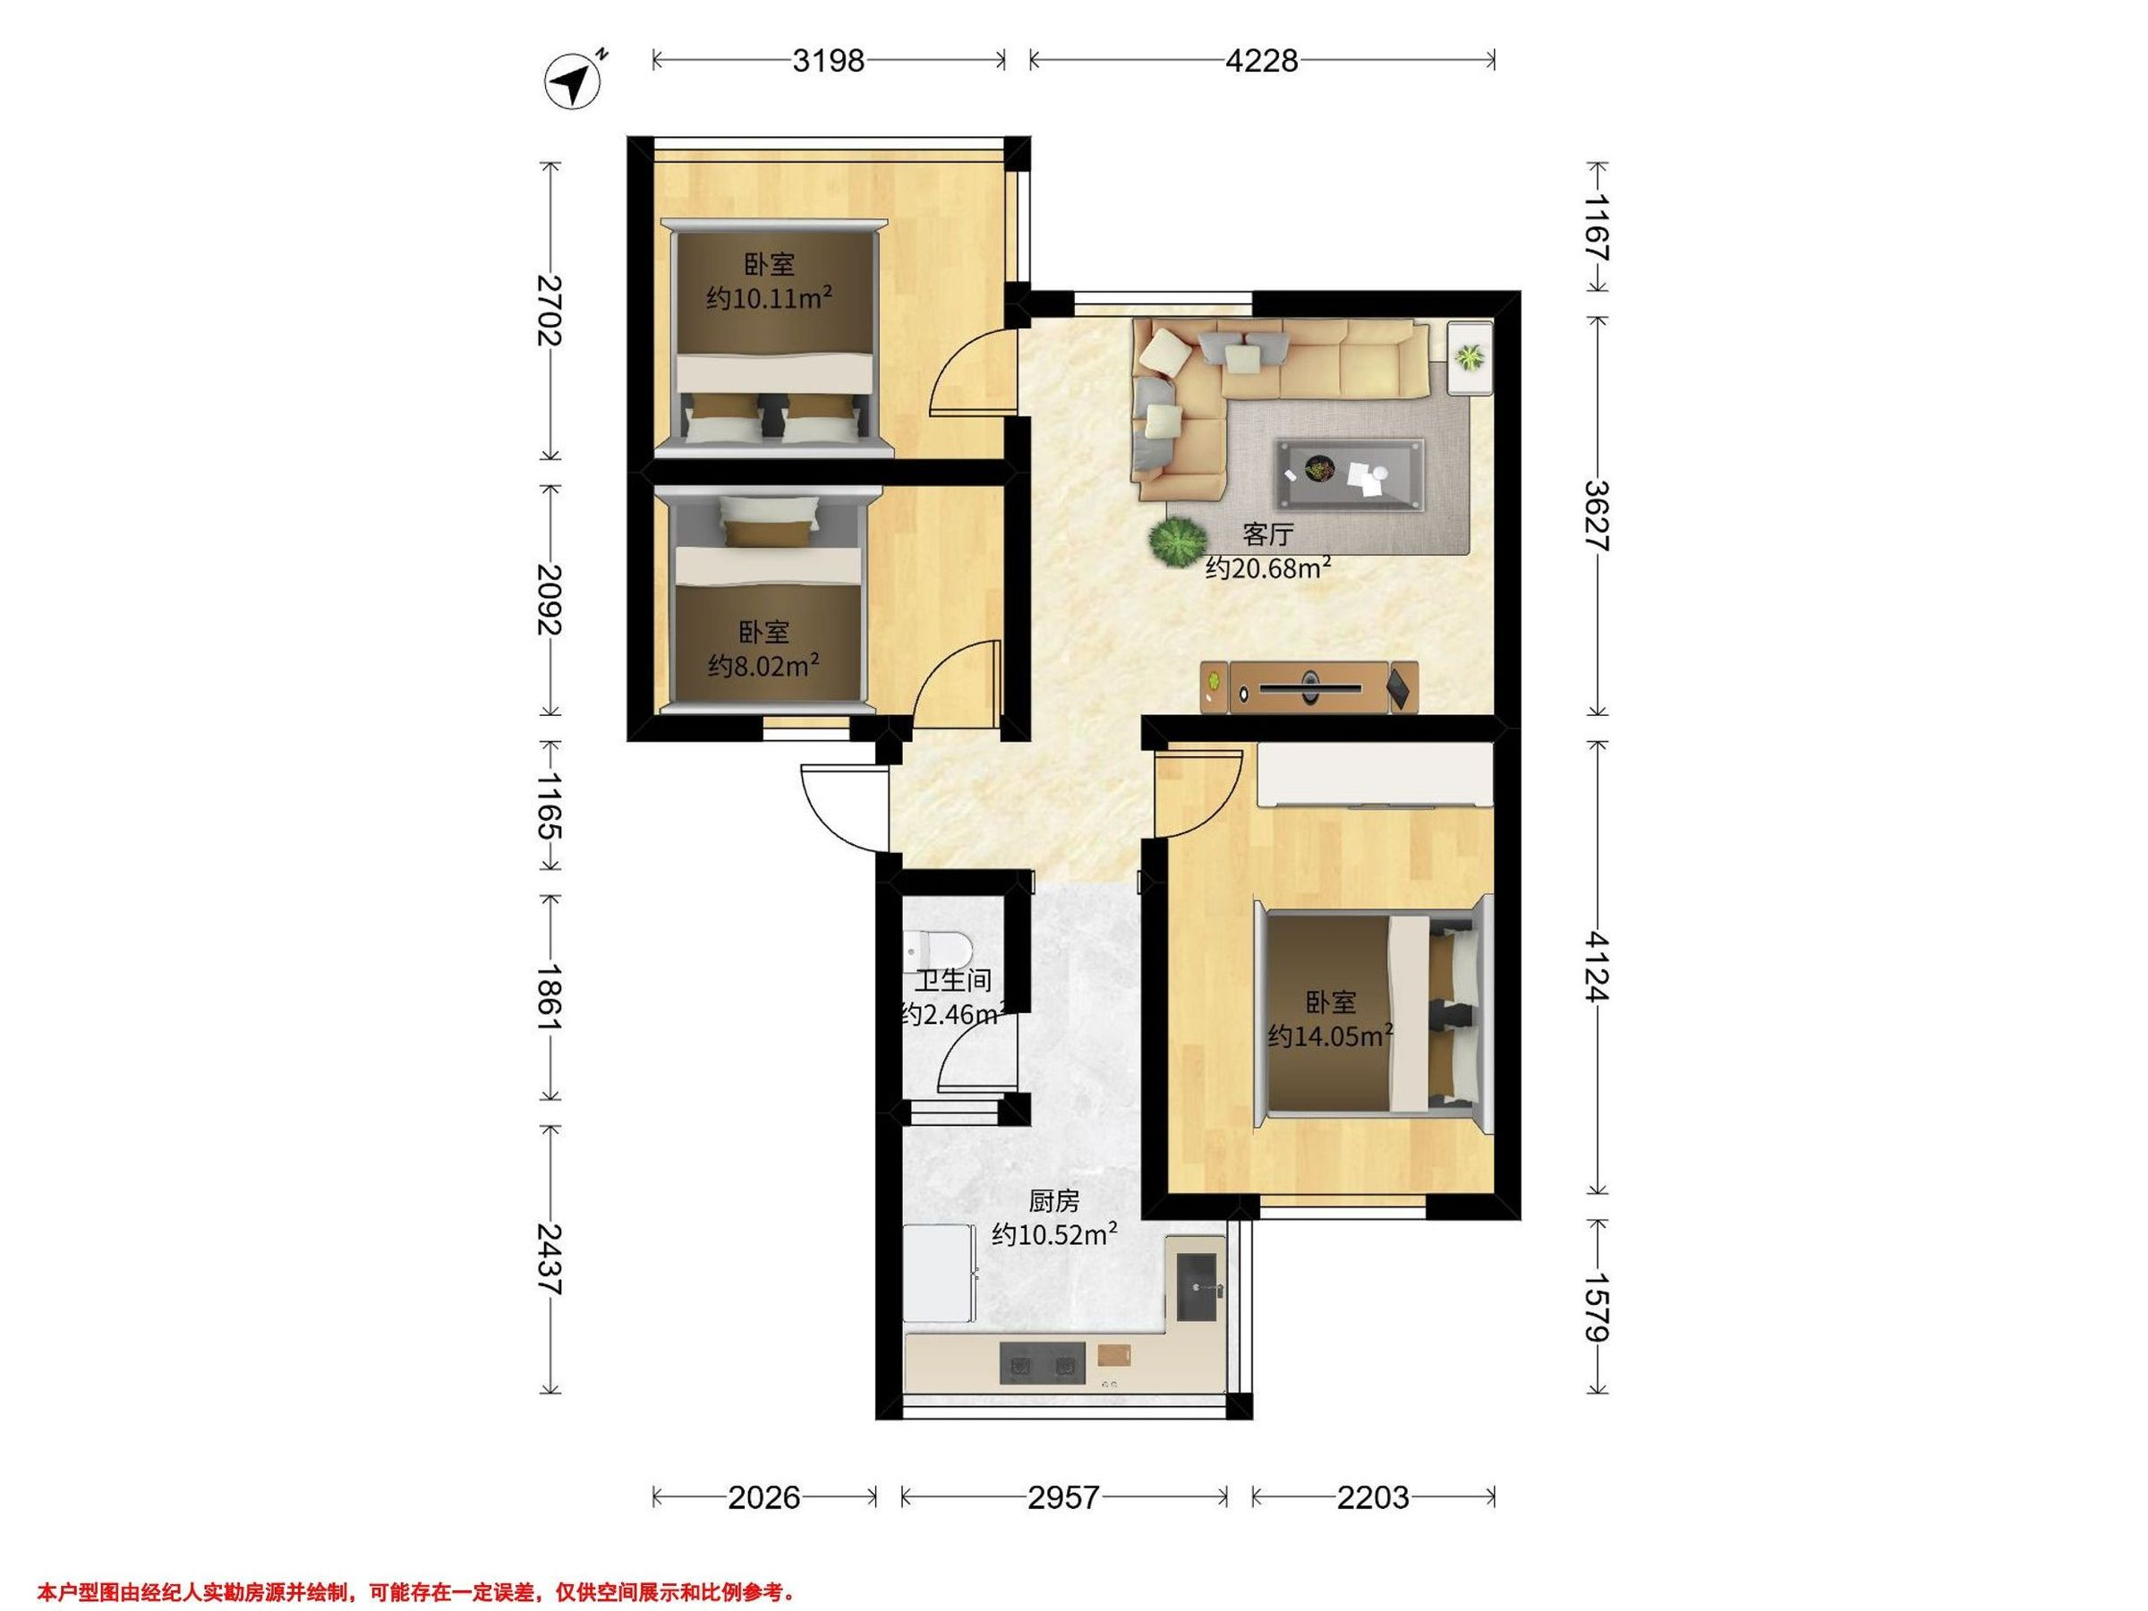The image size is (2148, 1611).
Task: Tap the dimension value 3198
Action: tap(828, 61)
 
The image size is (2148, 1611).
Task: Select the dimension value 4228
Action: tap(1261, 61)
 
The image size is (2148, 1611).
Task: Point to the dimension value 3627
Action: tap(1596, 516)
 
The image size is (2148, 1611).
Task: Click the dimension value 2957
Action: tap(1063, 1497)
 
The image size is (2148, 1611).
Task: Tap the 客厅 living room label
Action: tap(1268, 535)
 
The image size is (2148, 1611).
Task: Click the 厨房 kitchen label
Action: tap(1054, 1201)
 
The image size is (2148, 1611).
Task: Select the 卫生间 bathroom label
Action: tap(953, 980)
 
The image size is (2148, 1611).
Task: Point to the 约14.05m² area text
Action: tap(1330, 1036)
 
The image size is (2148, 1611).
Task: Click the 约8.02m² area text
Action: tap(763, 665)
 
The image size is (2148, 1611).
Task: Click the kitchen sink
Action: tap(1197, 1287)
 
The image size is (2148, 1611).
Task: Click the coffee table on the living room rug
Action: tap(1350, 473)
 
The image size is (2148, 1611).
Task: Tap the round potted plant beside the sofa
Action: tap(1176, 541)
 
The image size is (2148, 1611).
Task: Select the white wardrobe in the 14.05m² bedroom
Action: tap(1374, 775)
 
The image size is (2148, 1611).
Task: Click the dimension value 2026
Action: tap(764, 1497)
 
